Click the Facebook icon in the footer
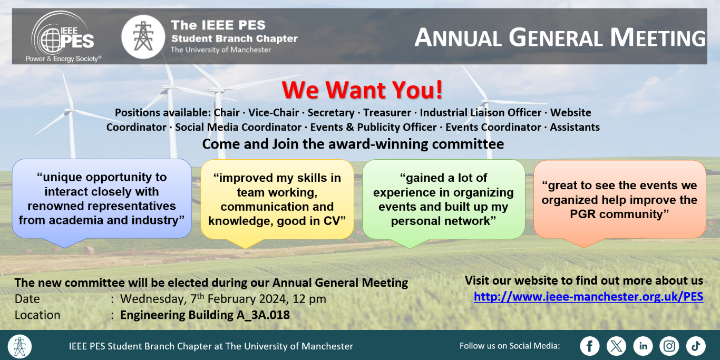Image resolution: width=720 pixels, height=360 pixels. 589,346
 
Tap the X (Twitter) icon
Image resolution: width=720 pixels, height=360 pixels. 616,346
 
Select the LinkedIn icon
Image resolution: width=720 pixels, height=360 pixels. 643,346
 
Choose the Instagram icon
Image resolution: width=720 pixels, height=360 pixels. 669,346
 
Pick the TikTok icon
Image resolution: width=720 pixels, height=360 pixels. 696,346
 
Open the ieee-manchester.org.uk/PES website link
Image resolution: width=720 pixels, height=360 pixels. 589,296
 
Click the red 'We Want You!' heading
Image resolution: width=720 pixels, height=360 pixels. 362,90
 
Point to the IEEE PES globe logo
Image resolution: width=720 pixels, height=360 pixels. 63,36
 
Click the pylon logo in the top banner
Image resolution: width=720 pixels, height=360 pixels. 143,37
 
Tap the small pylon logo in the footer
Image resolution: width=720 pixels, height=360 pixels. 20,346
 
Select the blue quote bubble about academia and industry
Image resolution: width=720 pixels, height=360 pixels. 102,203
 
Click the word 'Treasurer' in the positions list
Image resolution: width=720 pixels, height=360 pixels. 387,112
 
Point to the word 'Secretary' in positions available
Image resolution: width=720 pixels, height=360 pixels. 331,113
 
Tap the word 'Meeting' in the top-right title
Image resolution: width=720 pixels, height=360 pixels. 658,37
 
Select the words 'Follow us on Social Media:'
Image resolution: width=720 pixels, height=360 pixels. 510,346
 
